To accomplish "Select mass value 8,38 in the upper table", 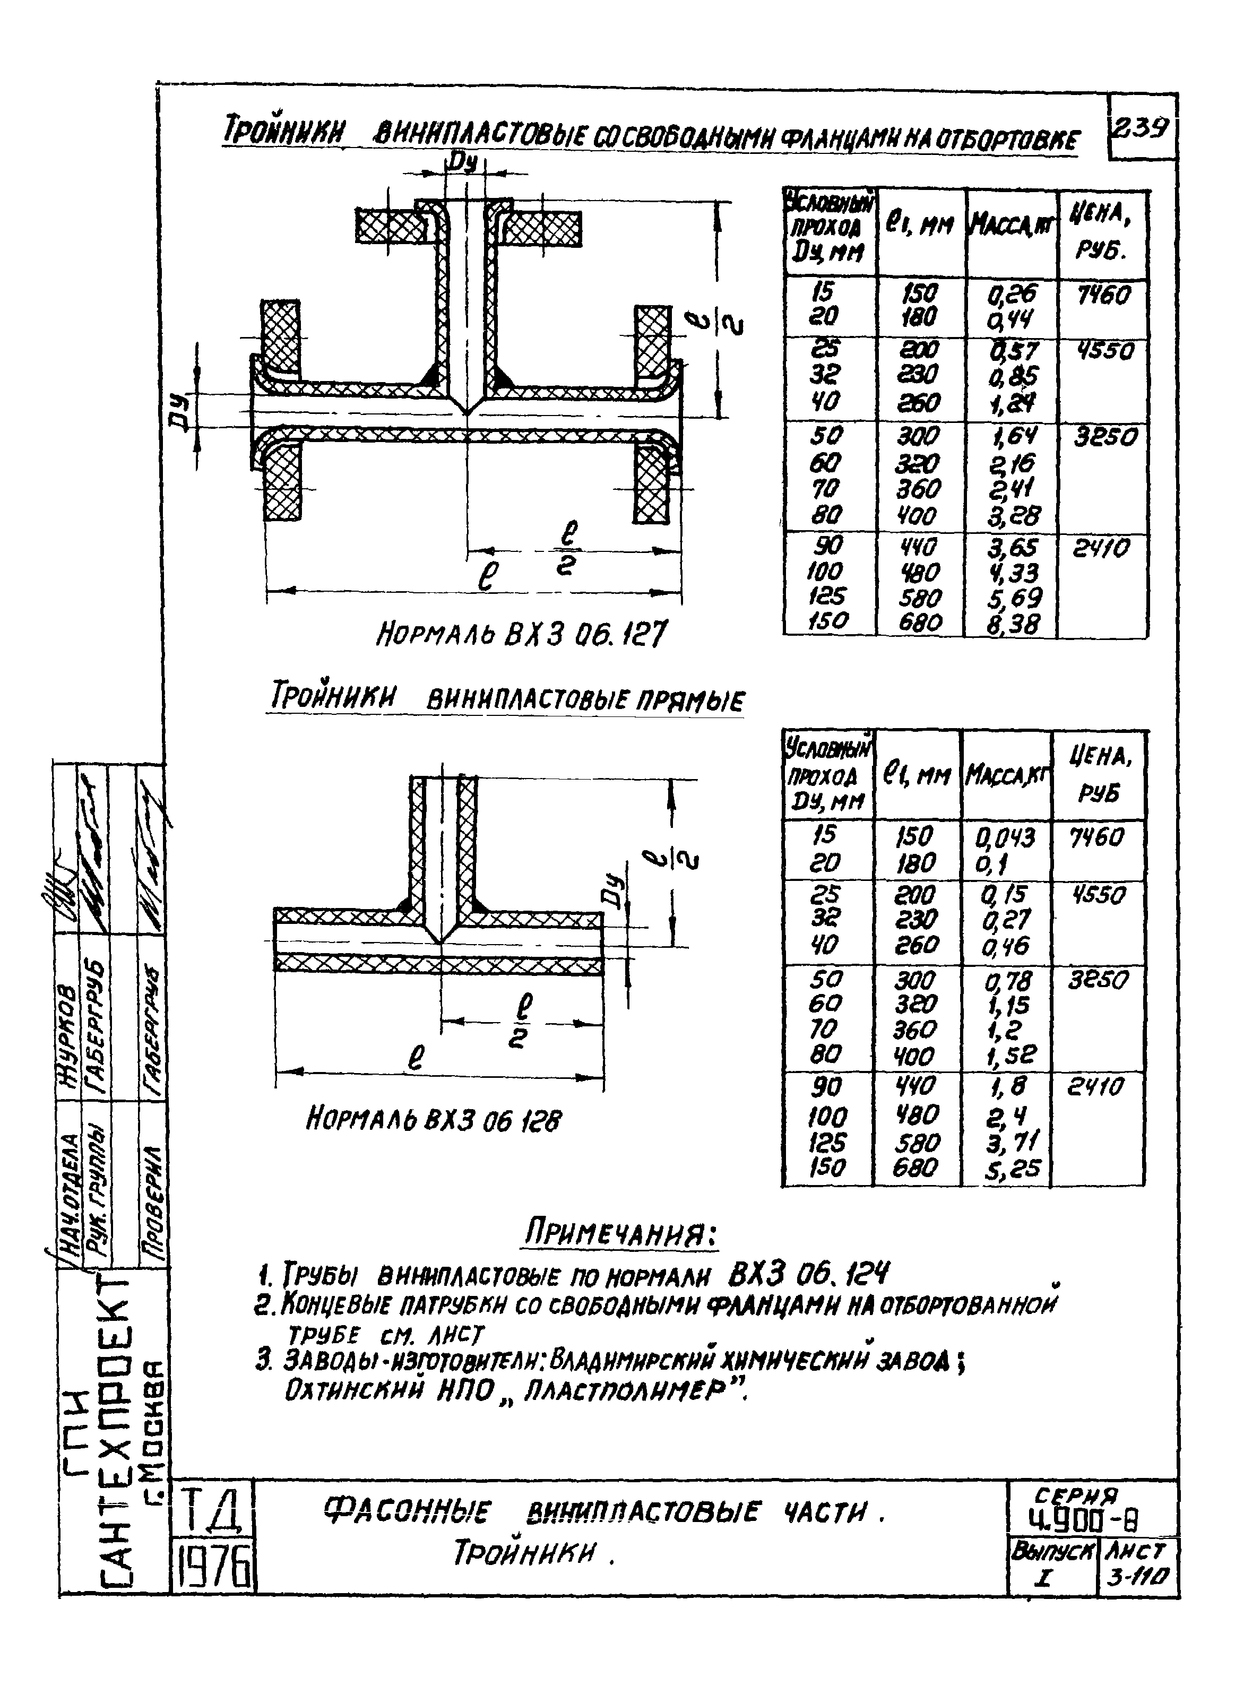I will [1012, 623].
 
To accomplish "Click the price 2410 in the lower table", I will [1096, 1087].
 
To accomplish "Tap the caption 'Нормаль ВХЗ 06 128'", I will [434, 1120].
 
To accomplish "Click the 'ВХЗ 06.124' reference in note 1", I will [808, 1272].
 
